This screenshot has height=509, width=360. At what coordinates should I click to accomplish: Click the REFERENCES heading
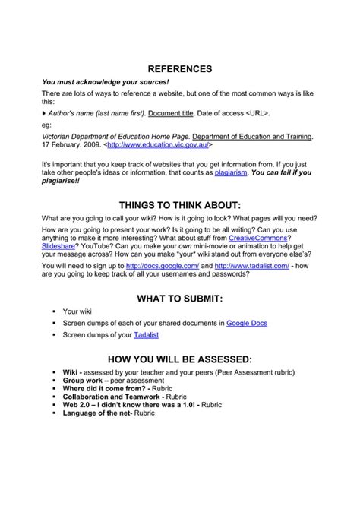180,68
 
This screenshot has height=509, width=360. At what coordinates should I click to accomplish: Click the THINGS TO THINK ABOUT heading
180,205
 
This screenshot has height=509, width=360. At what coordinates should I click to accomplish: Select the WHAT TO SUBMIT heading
180,299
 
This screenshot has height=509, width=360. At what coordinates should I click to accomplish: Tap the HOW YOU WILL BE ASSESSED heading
180,359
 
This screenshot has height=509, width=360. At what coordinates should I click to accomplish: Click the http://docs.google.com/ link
163,266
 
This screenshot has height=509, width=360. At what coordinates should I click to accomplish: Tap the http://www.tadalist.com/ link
251,266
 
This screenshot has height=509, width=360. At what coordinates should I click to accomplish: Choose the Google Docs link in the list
247,323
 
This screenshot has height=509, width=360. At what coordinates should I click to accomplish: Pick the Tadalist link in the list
146,334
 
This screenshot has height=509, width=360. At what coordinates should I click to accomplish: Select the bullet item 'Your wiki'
77,311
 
